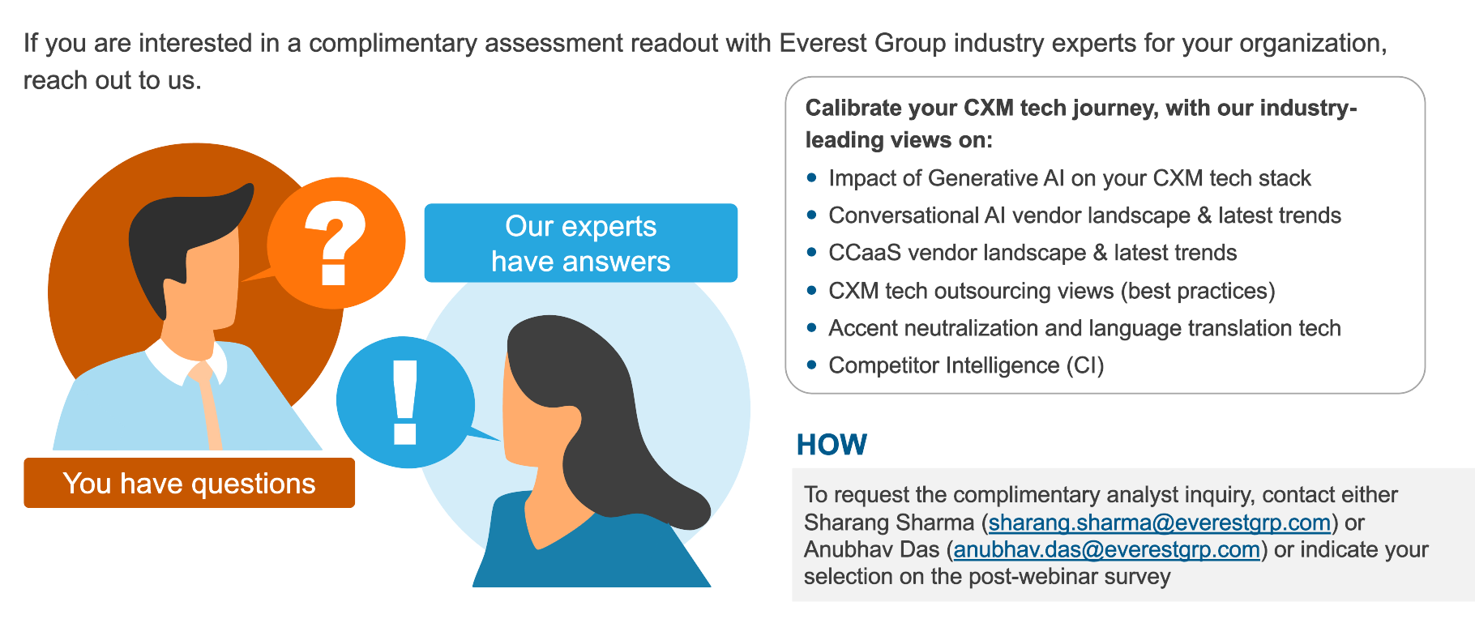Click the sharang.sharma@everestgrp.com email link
(x=1160, y=523)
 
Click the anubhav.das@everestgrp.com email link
(x=1107, y=549)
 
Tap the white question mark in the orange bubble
(x=335, y=243)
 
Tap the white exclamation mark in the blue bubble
(x=405, y=403)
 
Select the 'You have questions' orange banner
(x=189, y=483)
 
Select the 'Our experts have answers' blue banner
(x=581, y=243)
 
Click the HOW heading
(x=832, y=445)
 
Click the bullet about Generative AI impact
(x=1070, y=178)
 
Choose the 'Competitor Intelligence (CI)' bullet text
(x=966, y=365)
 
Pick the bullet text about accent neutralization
(x=1084, y=328)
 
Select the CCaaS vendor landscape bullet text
(x=1032, y=253)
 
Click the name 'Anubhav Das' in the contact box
(x=872, y=549)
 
